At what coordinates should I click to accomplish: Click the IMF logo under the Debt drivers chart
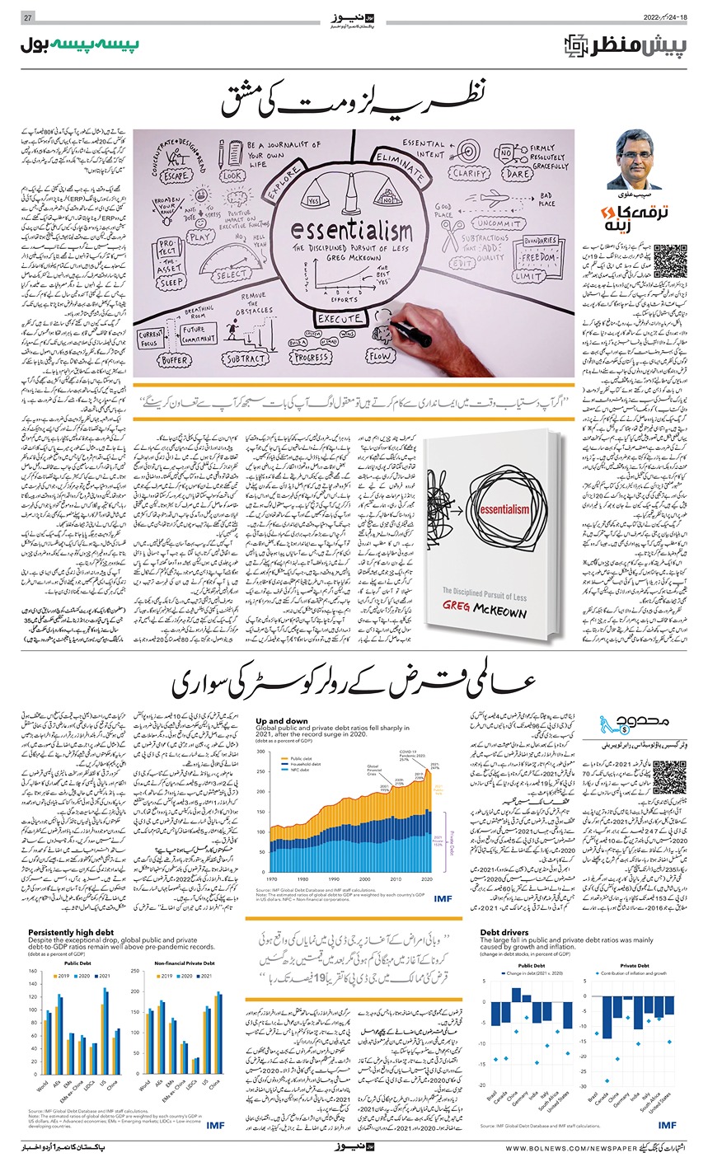[x=668, y=1124]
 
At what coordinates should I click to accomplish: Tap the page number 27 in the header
[x=26, y=18]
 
